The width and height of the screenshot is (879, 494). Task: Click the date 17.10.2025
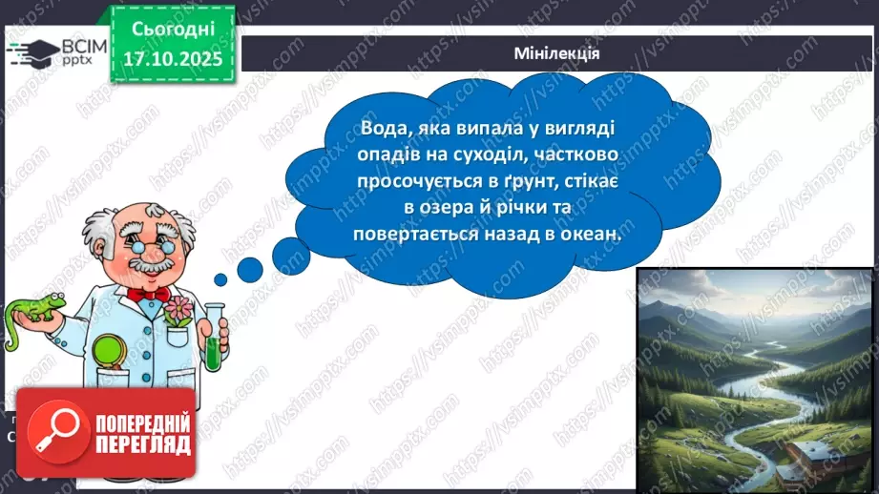172,59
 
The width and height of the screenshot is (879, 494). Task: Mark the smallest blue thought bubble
220,279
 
